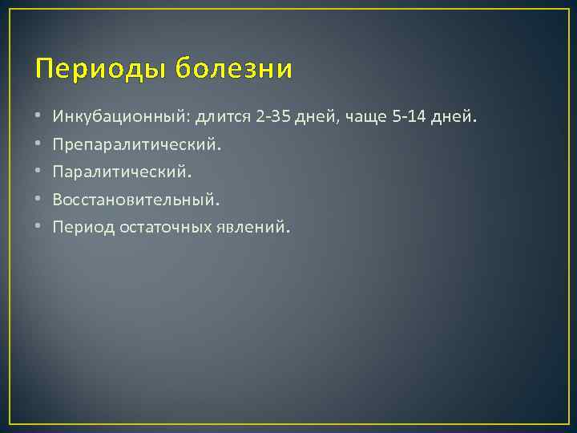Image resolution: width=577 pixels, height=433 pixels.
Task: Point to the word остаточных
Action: click(x=165, y=227)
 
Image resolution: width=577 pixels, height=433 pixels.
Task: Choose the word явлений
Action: click(x=249, y=227)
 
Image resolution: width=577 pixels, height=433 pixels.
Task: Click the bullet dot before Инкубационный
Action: click(x=39, y=119)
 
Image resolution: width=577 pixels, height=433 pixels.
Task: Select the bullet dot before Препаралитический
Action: click(x=39, y=146)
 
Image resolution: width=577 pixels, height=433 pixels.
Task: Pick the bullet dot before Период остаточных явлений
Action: click(x=39, y=228)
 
